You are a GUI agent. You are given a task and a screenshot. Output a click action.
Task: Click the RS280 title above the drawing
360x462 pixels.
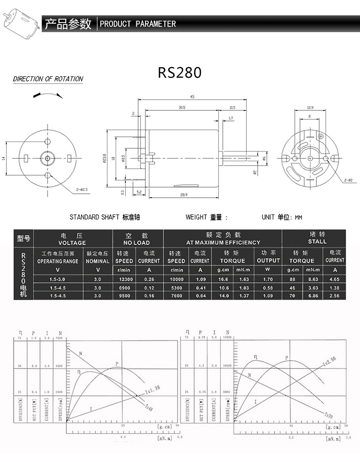point(180,72)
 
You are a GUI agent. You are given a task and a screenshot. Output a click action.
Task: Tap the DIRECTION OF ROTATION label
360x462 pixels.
point(48,79)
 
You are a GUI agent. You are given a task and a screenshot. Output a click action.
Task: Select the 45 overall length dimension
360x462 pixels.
point(192,97)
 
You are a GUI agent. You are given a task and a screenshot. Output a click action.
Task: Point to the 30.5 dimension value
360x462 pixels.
point(181,107)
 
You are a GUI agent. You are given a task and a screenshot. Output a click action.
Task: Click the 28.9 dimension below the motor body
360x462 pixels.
point(183,195)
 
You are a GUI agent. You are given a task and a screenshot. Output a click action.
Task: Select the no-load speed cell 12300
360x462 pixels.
point(124,278)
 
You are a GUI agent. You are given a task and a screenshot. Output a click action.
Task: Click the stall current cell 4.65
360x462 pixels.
point(335,278)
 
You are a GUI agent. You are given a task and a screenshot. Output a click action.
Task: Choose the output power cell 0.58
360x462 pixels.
point(268,287)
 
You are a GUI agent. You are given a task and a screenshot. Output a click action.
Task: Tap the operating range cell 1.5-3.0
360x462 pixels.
point(58,278)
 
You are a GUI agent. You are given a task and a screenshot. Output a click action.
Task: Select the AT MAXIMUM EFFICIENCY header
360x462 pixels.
point(223,242)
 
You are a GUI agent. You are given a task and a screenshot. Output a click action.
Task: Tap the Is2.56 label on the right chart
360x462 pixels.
point(330,361)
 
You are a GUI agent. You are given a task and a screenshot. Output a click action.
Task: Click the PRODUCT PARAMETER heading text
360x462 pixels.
point(138,24)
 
